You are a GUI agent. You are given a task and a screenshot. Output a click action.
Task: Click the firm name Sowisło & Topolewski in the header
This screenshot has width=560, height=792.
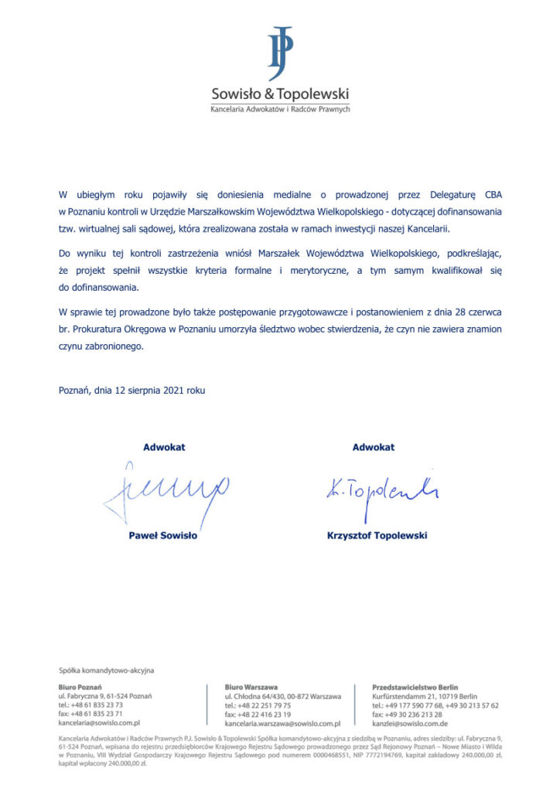pyautogui.click(x=280, y=94)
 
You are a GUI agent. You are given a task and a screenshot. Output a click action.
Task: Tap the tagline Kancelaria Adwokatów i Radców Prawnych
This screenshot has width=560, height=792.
pyautogui.click(x=280, y=109)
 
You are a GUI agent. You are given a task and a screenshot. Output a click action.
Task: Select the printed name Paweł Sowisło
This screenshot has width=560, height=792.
pyautogui.click(x=163, y=535)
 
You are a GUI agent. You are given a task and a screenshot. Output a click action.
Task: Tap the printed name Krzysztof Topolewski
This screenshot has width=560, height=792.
pyautogui.click(x=377, y=535)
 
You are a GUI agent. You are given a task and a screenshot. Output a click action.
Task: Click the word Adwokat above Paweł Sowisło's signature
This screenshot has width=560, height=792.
pyautogui.click(x=164, y=447)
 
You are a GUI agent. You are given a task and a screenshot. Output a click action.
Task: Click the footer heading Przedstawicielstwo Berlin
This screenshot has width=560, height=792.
pyautogui.click(x=415, y=687)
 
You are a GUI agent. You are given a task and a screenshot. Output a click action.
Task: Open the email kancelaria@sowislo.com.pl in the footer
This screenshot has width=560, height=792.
pyautogui.click(x=98, y=723)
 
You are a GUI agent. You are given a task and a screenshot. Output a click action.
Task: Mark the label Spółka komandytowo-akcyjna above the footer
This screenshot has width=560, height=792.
pyautogui.click(x=101, y=671)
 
